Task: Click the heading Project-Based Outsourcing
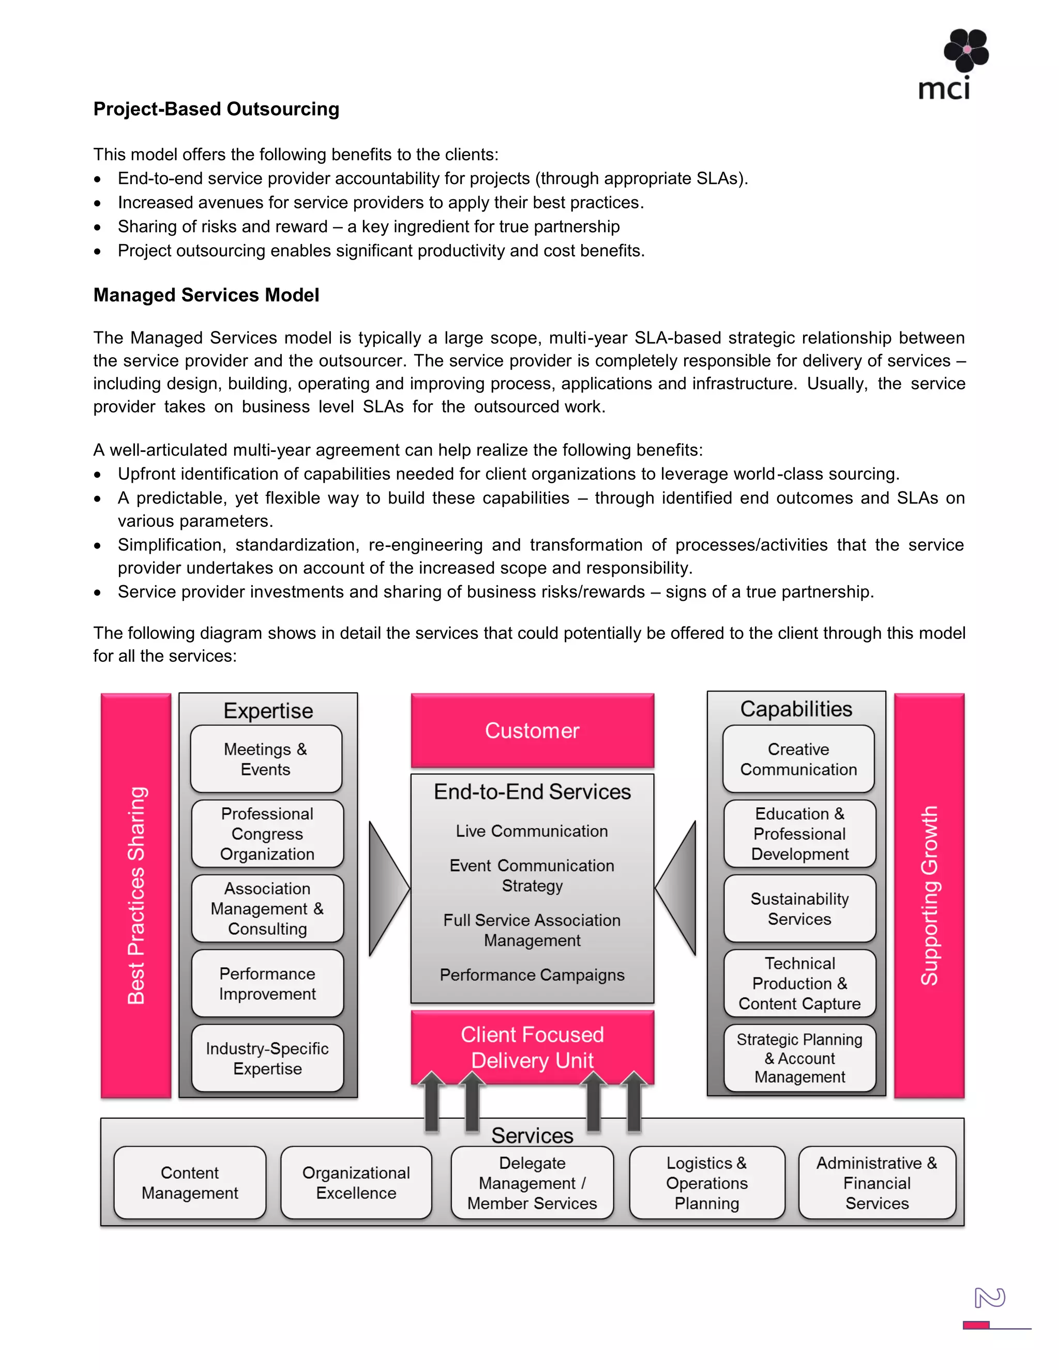tap(217, 109)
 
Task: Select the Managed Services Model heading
tap(206, 295)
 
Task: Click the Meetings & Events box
tap(266, 759)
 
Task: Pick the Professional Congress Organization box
tap(267, 834)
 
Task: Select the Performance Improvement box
tap(267, 984)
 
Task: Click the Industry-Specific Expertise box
tap(267, 1058)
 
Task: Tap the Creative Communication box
tap(798, 759)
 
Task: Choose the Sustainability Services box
tap(799, 908)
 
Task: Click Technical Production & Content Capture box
tap(799, 984)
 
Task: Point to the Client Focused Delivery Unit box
tap(532, 1046)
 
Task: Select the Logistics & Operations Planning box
tap(706, 1182)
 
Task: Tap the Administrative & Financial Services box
tap(876, 1182)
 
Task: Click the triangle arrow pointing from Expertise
tap(387, 888)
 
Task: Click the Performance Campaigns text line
tap(532, 975)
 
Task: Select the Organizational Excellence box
tap(356, 1182)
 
